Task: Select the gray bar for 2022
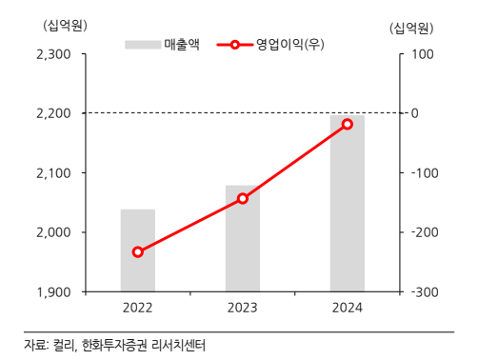[x=138, y=250]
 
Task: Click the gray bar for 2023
[x=242, y=238]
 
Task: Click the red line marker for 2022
[x=138, y=251]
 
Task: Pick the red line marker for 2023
[x=242, y=198]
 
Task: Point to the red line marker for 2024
[x=347, y=124]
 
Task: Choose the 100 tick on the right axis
[x=423, y=54]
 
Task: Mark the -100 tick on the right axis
[x=425, y=172]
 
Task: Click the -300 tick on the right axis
[x=425, y=291]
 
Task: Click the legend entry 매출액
[x=181, y=44]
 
